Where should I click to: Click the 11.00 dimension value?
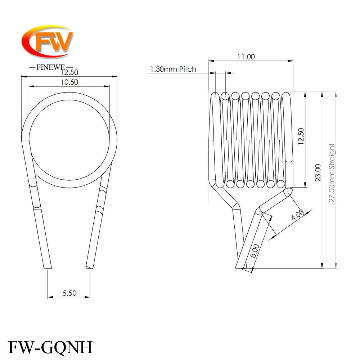[246, 57]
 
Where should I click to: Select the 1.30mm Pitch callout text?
[173, 69]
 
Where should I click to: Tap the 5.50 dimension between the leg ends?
[69, 293]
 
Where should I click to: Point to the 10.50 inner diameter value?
[69, 82]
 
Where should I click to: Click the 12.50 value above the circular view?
[69, 73]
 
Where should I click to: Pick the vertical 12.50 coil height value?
[301, 136]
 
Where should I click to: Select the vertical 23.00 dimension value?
[318, 173]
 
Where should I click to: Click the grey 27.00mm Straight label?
[332, 173]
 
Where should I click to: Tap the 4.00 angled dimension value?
[298, 215]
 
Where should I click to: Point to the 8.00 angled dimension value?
[255, 251]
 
